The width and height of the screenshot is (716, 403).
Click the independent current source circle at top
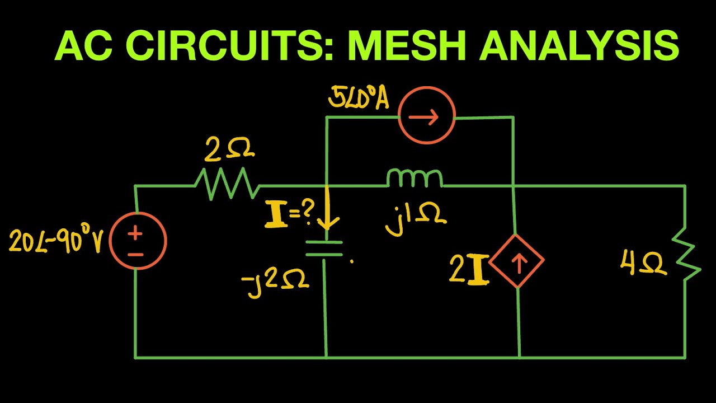pyautogui.click(x=426, y=117)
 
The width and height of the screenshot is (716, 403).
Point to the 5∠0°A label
pyautogui.click(x=359, y=99)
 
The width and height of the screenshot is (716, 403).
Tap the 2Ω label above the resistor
pyautogui.click(x=229, y=149)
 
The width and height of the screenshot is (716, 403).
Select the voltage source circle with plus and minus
pyautogui.click(x=138, y=241)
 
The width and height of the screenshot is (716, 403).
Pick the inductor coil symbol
pyautogui.click(x=414, y=179)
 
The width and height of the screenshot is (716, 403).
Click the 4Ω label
pyautogui.click(x=643, y=263)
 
